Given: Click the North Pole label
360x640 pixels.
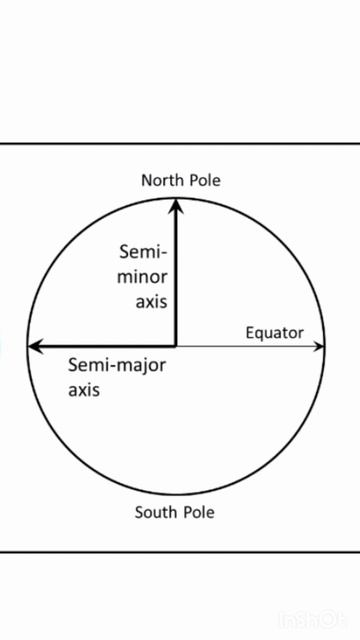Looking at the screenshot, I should (180, 180).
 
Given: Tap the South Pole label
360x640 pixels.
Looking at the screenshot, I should (175, 513).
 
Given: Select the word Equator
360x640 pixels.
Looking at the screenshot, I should (274, 333).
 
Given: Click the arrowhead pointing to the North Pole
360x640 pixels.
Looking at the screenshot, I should (177, 204).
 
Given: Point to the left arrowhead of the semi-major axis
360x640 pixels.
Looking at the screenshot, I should (34, 346).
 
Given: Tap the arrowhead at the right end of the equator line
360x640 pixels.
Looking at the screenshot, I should (319, 346).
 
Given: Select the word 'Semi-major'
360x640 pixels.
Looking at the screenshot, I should (116, 365).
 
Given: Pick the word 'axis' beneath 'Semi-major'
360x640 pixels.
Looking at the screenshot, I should (84, 390).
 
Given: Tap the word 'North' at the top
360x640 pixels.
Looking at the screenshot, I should (160, 180).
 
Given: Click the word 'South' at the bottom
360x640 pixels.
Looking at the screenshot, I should (155, 513).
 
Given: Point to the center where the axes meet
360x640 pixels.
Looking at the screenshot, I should (176, 346).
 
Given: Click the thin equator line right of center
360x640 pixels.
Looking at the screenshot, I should (250, 346).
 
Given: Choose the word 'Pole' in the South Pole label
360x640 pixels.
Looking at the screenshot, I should (198, 513).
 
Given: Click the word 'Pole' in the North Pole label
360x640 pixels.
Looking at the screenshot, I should (203, 180).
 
